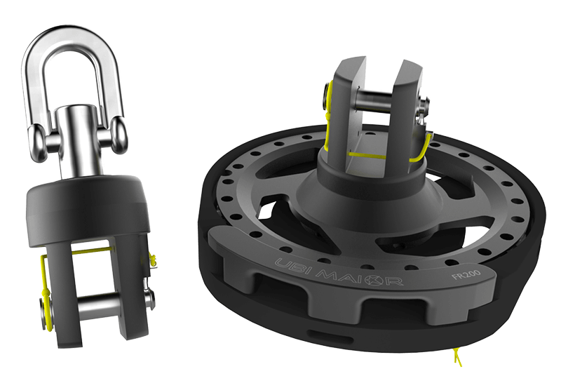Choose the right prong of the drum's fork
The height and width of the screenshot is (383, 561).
point(407,105)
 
